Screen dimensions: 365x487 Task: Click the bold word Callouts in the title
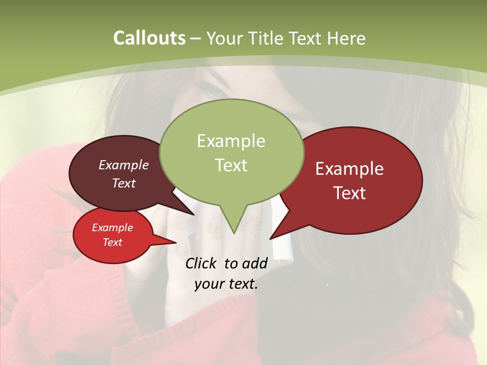[x=149, y=38]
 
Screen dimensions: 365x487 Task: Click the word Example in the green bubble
[x=231, y=141]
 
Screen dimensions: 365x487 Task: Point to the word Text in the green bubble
[x=231, y=165]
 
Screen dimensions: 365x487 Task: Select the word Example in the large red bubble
[x=350, y=169]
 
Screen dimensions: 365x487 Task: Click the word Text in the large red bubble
[x=350, y=193]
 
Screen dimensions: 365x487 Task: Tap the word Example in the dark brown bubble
[x=124, y=165]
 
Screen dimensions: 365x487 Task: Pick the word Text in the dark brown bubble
[x=124, y=183]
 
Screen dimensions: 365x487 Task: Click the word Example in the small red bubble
[x=112, y=228]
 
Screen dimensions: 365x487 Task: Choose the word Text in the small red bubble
[x=112, y=242]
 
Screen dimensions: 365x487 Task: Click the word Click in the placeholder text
[x=201, y=264]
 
